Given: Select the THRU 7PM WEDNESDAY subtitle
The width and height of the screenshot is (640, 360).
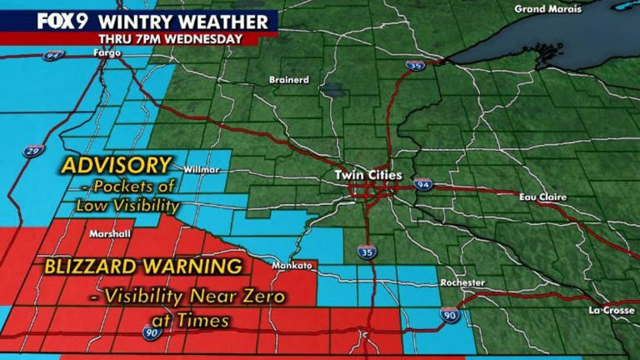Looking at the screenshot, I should (170, 38).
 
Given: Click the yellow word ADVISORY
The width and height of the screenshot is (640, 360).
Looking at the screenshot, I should (116, 164).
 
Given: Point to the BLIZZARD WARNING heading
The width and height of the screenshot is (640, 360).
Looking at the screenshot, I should (143, 267).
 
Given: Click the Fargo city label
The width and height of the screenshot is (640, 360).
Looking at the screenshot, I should (107, 53).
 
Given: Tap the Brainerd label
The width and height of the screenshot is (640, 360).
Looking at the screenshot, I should (288, 80).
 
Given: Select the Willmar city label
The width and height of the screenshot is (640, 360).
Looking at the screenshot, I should (202, 170).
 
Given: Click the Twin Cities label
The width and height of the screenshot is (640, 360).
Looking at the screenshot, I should (367, 176).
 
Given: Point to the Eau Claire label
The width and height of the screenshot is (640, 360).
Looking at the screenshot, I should (542, 197).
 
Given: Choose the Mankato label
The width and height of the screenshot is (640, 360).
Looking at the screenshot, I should (292, 266).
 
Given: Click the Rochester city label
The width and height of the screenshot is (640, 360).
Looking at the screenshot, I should (462, 283).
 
